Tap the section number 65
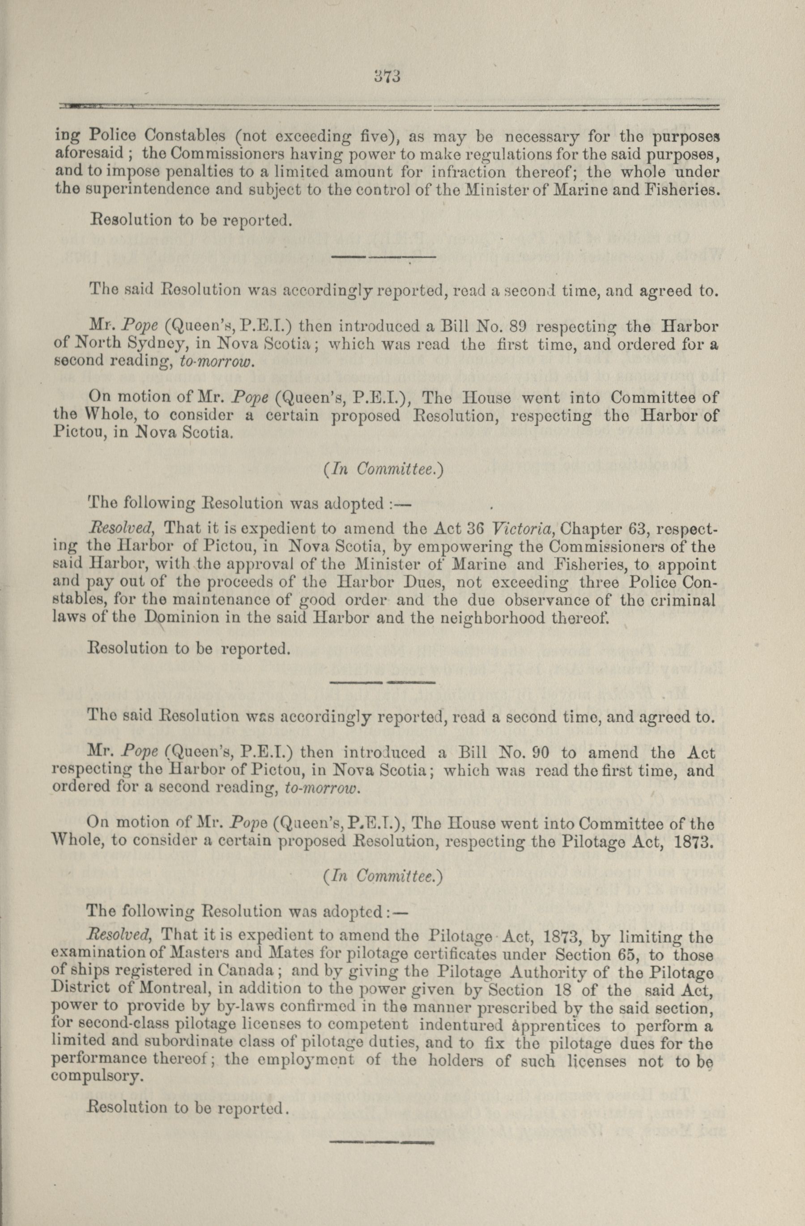[x=625, y=954]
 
